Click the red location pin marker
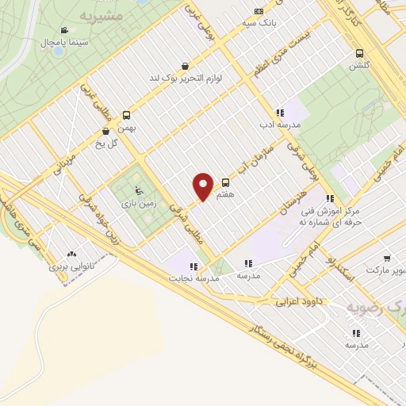pyautogui.click(x=203, y=186)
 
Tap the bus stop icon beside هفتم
pyautogui.click(x=226, y=182)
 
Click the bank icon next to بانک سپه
pyautogui.click(x=258, y=12)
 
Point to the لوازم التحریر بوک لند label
pyautogui.click(x=185, y=79)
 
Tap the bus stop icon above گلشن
pyautogui.click(x=360, y=55)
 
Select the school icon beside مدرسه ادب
pyautogui.click(x=279, y=113)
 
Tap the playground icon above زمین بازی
pyautogui.click(x=140, y=190)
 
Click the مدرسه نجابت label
pyautogui.click(x=187, y=279)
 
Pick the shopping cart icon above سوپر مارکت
pyautogui.click(x=386, y=259)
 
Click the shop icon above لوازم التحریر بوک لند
pyautogui.click(x=185, y=66)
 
